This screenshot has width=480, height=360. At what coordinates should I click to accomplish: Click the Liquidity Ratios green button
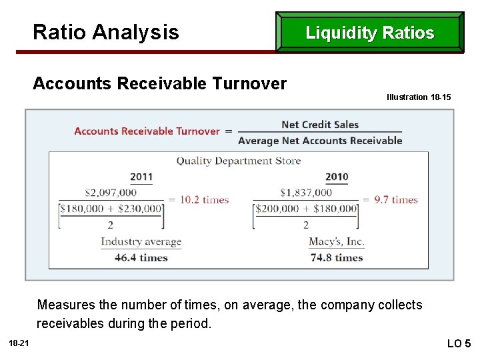pyautogui.click(x=370, y=33)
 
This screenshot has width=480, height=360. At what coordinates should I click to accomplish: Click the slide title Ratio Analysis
pyautogui.click(x=105, y=32)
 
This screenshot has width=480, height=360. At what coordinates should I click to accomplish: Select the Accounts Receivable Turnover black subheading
pyautogui.click(x=159, y=83)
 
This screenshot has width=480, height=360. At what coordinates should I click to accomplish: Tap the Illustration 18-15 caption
pyautogui.click(x=419, y=97)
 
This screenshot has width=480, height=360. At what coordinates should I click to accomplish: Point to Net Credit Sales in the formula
pyautogui.click(x=320, y=125)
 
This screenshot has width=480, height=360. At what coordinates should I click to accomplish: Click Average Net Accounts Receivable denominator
pyautogui.click(x=320, y=141)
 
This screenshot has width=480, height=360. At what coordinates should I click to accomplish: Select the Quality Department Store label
pyautogui.click(x=239, y=161)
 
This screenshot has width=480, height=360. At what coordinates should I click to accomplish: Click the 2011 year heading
pyautogui.click(x=141, y=177)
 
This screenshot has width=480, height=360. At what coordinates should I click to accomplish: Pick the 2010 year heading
pyautogui.click(x=337, y=177)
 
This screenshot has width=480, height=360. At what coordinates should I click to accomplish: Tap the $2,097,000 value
pyautogui.click(x=111, y=193)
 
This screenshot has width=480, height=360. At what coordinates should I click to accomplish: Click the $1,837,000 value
pyautogui.click(x=306, y=193)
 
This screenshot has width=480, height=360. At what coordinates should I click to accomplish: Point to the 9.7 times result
pyautogui.click(x=396, y=199)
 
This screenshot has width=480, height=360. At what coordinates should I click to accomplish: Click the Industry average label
pyautogui.click(x=141, y=242)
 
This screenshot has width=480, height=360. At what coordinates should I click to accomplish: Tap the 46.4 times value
pyautogui.click(x=141, y=257)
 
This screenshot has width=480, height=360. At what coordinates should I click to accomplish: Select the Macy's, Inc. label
pyautogui.click(x=337, y=242)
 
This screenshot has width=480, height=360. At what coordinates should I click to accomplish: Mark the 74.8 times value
pyautogui.click(x=337, y=257)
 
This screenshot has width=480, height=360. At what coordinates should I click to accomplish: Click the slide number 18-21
pyautogui.click(x=19, y=343)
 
